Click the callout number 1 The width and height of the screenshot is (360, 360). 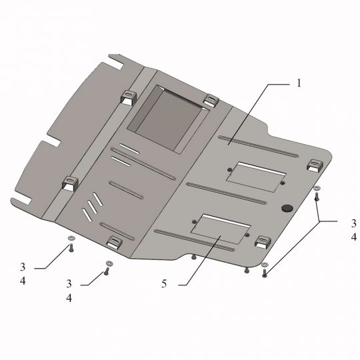pos(299,83)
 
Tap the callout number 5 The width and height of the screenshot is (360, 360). pos(164,284)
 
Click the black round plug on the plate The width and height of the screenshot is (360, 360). pos(287,208)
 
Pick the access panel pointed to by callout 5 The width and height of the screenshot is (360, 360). pos(221,229)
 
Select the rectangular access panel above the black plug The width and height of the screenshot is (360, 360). pos(256,177)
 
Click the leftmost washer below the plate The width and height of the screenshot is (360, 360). pos(71,238)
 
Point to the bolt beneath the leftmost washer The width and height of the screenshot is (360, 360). pos(71,248)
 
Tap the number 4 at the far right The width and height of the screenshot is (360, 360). pos(354,237)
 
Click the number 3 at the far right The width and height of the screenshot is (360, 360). pos(354,223)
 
